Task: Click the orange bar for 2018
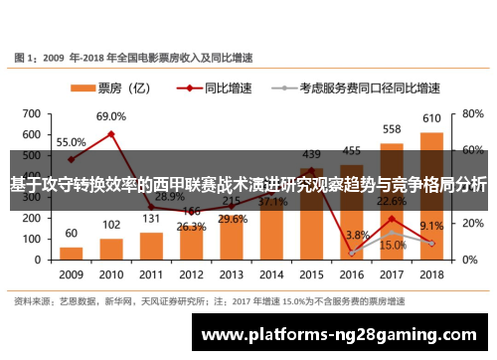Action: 430,195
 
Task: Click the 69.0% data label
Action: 111,117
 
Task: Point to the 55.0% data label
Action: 70,142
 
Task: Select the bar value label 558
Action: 391,129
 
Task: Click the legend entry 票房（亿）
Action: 123,89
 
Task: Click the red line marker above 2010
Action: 111,134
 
